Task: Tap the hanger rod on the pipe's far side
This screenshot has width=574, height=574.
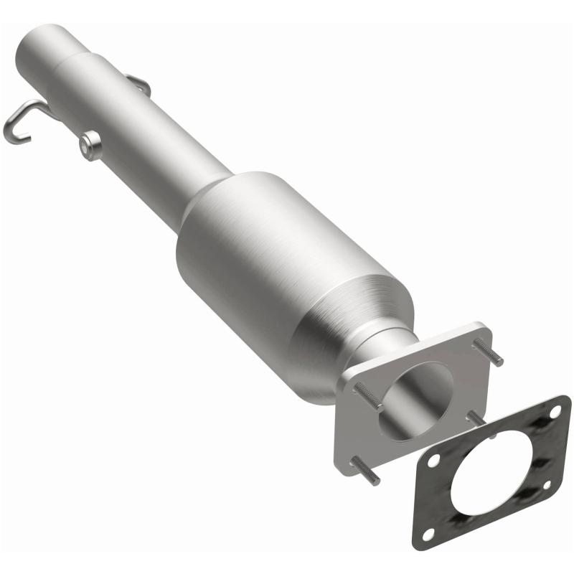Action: (x=141, y=85)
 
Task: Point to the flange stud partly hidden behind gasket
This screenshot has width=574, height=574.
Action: (x=475, y=417)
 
